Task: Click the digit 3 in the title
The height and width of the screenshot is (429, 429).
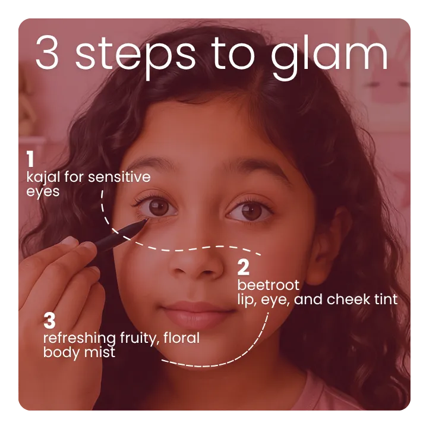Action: tap(49, 54)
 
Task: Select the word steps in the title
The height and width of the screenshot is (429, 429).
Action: tap(138, 54)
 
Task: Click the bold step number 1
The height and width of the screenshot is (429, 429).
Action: tap(29, 159)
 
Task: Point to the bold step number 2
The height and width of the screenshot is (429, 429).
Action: tap(242, 267)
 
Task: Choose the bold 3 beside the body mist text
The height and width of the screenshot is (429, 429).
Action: tap(49, 321)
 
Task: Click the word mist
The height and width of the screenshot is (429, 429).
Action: tap(101, 352)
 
